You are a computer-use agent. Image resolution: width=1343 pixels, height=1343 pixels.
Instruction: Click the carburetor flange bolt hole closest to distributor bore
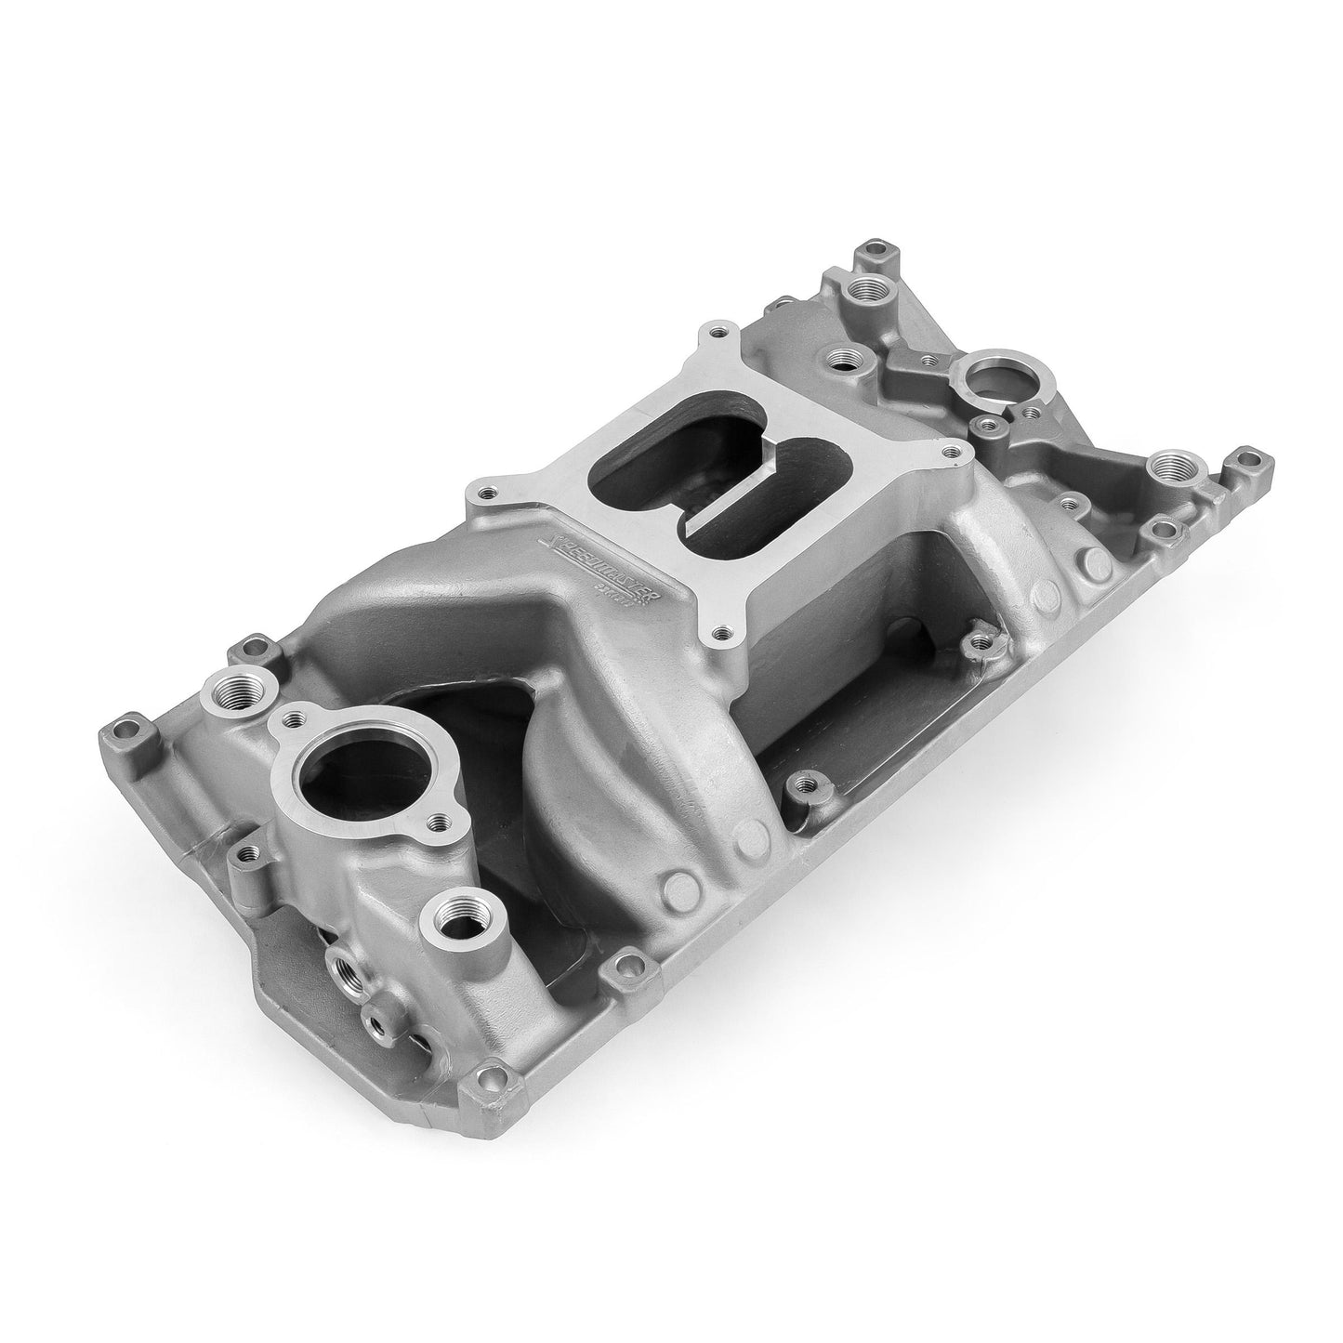(948, 453)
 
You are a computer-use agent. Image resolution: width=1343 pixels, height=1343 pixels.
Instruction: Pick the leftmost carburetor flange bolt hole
(480, 494)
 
